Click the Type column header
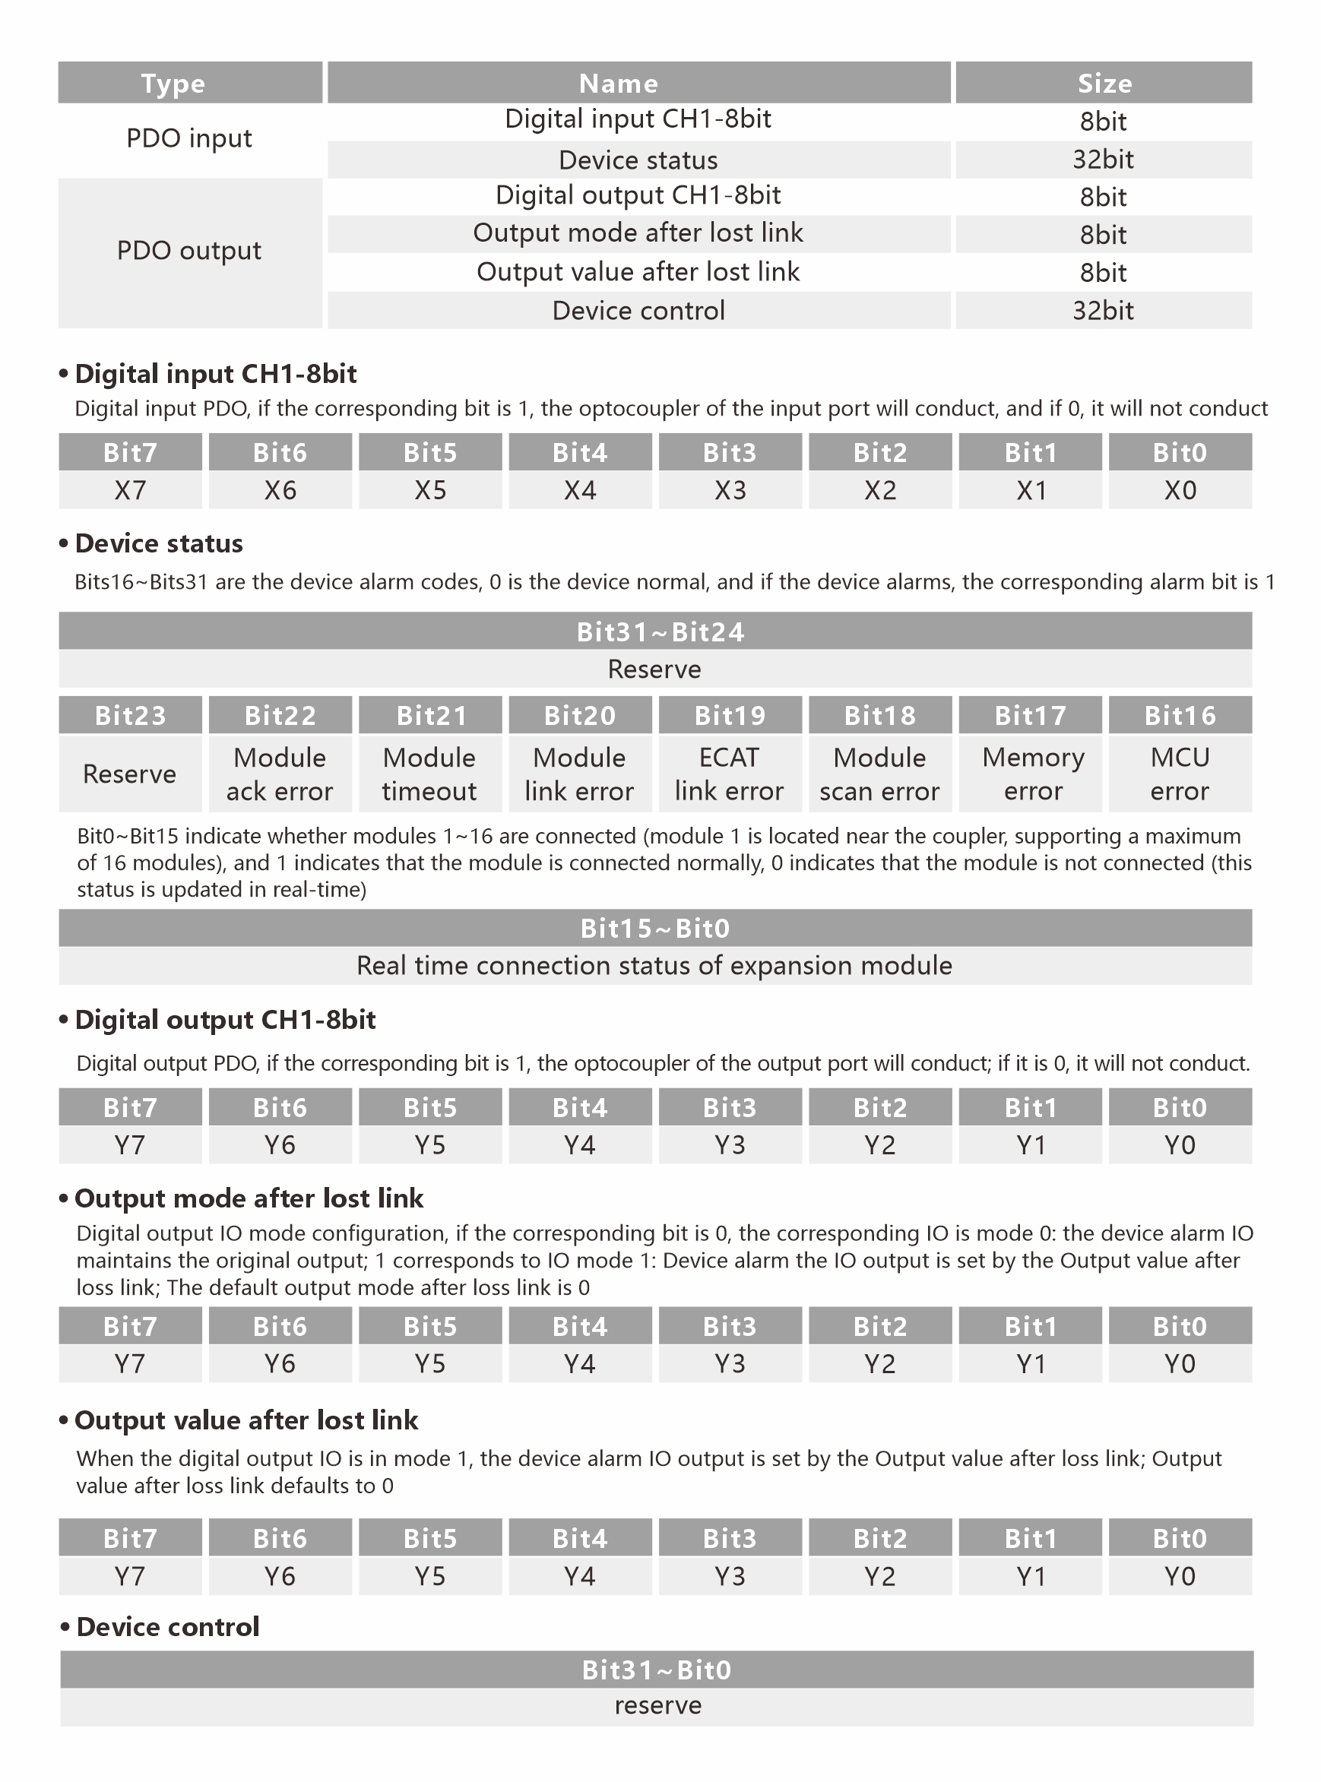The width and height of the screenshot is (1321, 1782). point(173,83)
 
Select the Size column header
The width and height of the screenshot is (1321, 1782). point(1104,83)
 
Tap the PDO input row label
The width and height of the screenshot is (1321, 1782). point(189,139)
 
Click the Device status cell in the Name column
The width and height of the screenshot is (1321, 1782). point(638,160)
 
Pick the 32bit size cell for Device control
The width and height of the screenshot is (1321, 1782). point(1103,310)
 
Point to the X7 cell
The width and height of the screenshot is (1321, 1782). point(130,490)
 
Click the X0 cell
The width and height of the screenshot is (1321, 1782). point(1180,490)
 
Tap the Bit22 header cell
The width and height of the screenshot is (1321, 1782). point(280,715)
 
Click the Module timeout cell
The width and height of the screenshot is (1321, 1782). point(429,774)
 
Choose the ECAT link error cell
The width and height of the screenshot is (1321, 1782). point(729,774)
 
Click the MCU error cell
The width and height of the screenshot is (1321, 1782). point(1180,774)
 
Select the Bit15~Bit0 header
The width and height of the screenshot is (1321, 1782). point(655,928)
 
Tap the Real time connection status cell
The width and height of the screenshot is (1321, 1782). point(654,966)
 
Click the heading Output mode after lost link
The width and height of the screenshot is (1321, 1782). point(249,1198)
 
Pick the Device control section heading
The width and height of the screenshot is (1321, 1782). point(168,1627)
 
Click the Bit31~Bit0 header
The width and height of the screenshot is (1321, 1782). point(657,1670)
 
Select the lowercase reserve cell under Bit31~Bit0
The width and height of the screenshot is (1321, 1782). point(657,1706)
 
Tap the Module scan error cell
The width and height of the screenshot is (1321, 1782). point(879,774)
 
